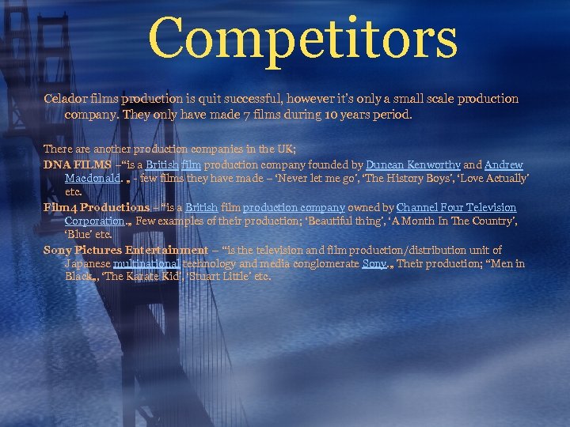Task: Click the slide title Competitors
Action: [x=302, y=38]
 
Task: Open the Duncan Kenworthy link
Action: [x=412, y=164]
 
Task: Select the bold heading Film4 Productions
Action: [x=85, y=207]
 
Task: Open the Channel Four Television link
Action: [x=456, y=207]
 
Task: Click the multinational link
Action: [x=147, y=263]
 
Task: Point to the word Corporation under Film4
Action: [x=94, y=221]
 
